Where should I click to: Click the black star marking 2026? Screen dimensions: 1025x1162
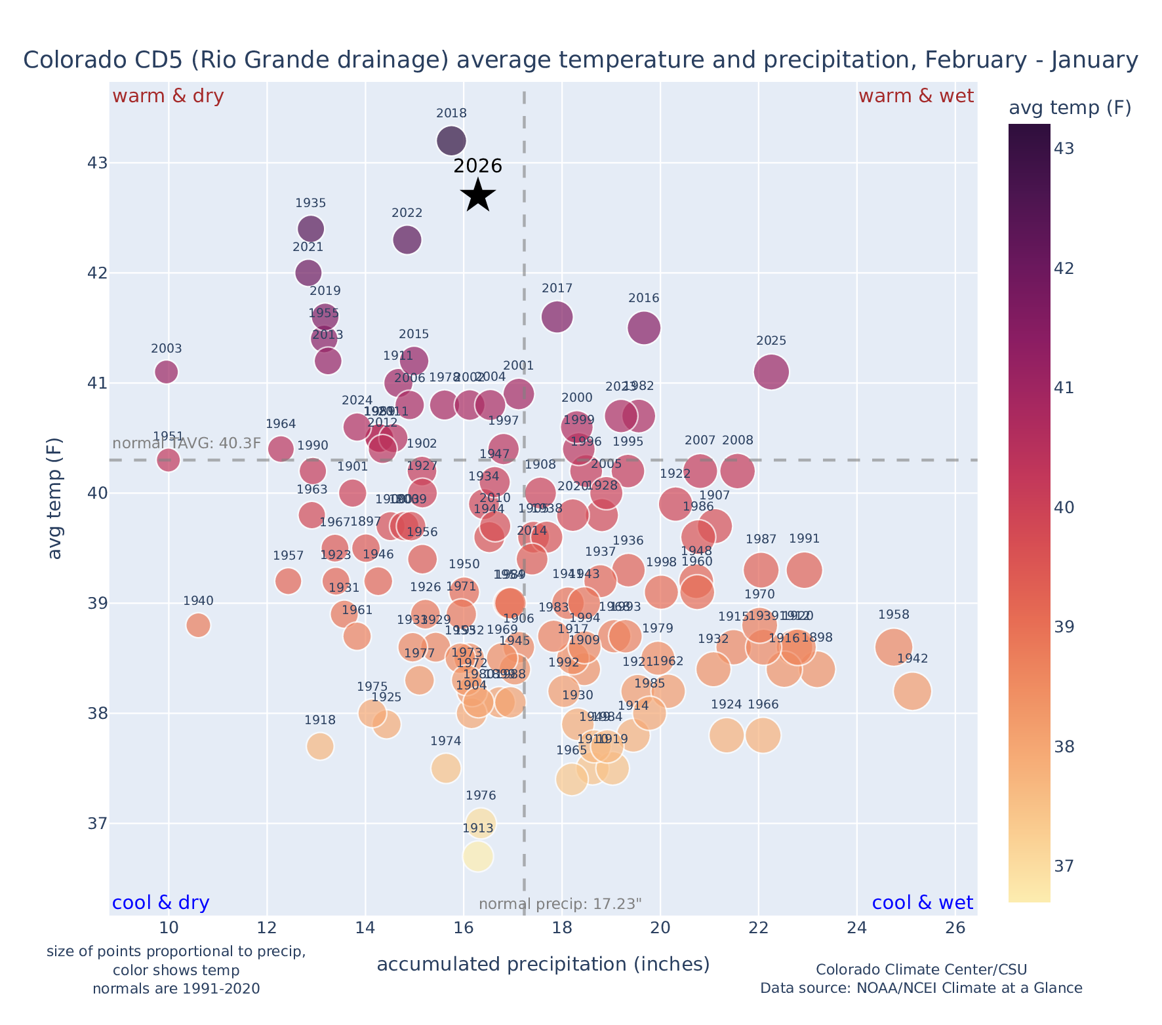pyautogui.click(x=478, y=195)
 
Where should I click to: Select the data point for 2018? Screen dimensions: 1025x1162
pyautogui.click(x=451, y=140)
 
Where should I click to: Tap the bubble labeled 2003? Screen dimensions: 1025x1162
pyautogui.click(x=167, y=372)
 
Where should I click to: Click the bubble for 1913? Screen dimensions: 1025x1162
pyautogui.click(x=478, y=856)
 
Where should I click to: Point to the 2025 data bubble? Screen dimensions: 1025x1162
pyautogui.click(x=771, y=372)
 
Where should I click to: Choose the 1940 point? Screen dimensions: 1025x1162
pyautogui.click(x=198, y=625)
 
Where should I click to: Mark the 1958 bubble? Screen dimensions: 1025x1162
pyautogui.click(x=893, y=647)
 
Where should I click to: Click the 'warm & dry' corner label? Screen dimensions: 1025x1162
pyautogui.click(x=168, y=96)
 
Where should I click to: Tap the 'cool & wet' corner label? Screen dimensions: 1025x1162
pyautogui.click(x=922, y=903)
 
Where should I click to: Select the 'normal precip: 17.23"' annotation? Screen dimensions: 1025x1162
pyautogui.click(x=560, y=904)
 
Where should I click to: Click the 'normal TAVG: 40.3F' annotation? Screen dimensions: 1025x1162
pyautogui.click(x=187, y=444)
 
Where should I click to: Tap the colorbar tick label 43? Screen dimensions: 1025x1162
pyautogui.click(x=1064, y=149)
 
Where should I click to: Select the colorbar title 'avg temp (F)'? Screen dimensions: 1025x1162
pyautogui.click(x=1070, y=108)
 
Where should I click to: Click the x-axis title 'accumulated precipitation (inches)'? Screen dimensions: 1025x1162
pyautogui.click(x=543, y=964)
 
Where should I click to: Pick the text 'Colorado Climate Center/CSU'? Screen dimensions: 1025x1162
pyautogui.click(x=921, y=969)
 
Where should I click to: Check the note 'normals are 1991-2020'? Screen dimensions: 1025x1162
pyautogui.click(x=176, y=988)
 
